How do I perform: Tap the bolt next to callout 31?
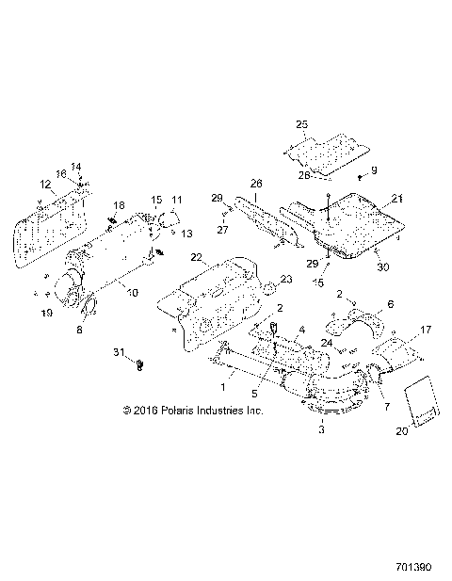139,361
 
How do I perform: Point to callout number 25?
302,123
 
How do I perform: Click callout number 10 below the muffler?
133,293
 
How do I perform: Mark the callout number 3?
323,429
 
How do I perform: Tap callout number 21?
397,197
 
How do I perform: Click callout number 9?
374,169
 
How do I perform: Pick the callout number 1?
223,386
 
